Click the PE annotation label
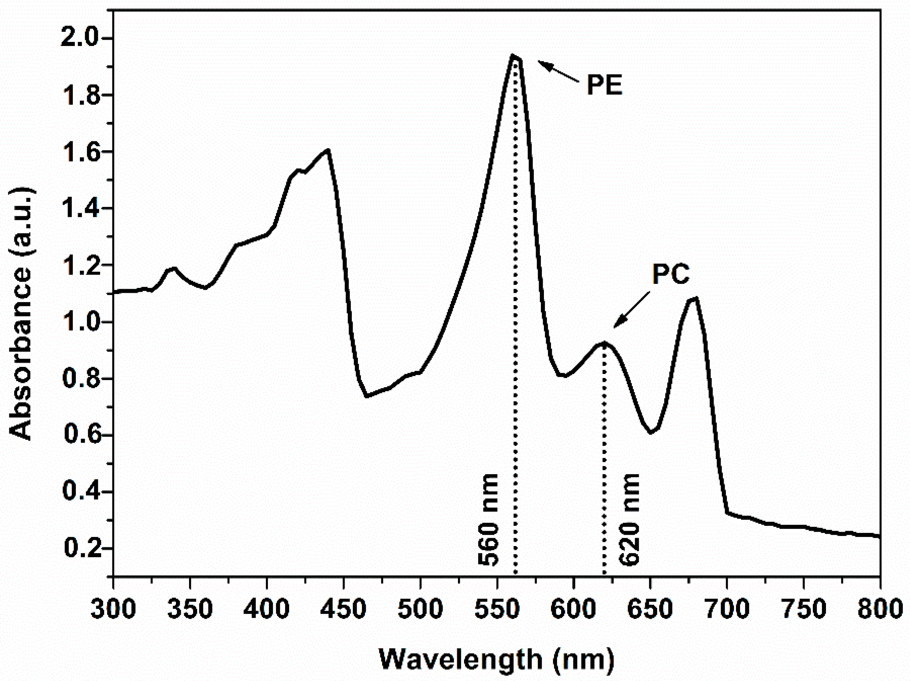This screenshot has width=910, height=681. point(604,85)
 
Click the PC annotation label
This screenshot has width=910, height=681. point(671,274)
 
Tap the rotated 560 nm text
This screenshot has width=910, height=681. point(488,519)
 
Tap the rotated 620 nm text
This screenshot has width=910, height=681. point(629,519)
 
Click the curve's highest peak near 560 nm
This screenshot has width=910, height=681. point(513,56)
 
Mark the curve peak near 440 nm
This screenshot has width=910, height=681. point(328,150)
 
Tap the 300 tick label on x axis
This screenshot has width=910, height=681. point(113,608)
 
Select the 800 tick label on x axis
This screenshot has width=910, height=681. point(879,608)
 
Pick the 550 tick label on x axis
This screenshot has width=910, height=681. point(497,608)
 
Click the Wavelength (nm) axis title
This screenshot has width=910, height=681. point(496,659)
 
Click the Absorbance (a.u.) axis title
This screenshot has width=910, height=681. point(21,314)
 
